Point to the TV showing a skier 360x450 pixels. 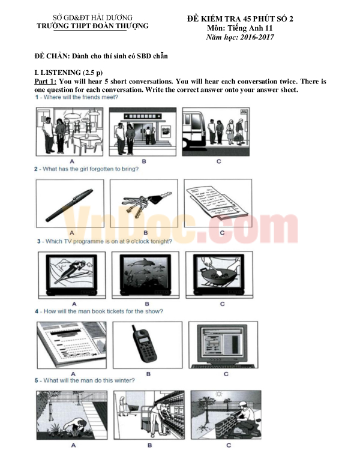click(71, 275)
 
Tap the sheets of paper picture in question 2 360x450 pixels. click(217, 202)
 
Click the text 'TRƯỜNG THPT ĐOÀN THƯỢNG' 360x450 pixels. click(92, 26)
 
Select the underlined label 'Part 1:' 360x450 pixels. click(46, 81)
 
